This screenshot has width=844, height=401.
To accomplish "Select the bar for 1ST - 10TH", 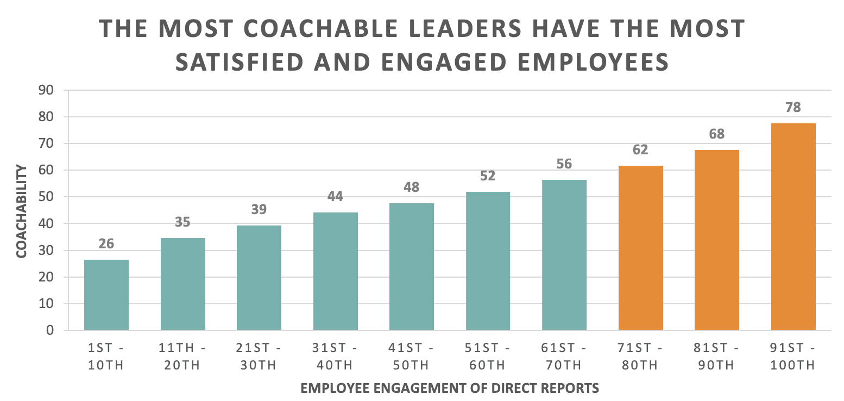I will point(106,295).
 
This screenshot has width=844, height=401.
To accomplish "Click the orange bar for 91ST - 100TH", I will point(793,227).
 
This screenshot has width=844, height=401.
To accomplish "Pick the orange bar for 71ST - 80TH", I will point(640,248).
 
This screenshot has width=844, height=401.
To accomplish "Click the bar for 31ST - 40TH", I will point(335,272).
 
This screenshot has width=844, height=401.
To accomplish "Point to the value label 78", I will point(793,107).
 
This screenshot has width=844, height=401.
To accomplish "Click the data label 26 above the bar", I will point(106,243).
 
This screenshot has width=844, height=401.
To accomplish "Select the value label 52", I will point(488,176).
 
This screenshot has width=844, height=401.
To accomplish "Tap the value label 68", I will point(717,134).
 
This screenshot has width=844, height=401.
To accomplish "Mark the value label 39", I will point(259,209).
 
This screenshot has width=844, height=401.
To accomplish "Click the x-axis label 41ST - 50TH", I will point(411,356).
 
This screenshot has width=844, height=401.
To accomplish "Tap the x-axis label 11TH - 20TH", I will point(182,356).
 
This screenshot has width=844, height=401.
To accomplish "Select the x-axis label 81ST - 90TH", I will point(717,356).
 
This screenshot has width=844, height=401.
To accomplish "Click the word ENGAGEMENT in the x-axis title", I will point(398,388).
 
